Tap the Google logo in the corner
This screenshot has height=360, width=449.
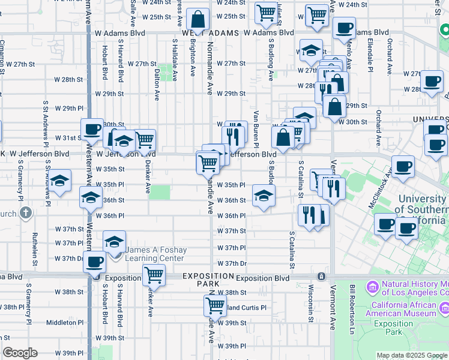(20, 353)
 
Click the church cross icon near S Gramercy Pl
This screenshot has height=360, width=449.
(26, 212)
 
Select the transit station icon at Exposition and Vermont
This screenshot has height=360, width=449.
(321, 277)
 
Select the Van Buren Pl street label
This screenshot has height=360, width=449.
(256, 129)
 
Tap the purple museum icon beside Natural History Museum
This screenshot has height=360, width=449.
(372, 288)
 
